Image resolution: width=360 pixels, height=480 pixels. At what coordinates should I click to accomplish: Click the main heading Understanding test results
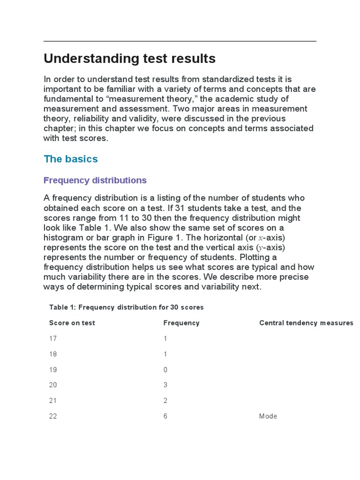click(x=129, y=59)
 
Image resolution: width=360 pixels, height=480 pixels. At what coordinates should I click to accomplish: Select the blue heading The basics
click(x=71, y=159)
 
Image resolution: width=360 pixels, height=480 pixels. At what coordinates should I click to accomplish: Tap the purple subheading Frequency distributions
click(x=95, y=180)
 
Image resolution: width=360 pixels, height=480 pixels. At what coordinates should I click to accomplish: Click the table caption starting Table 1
click(x=126, y=307)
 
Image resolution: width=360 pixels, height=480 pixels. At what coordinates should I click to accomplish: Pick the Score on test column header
click(x=72, y=323)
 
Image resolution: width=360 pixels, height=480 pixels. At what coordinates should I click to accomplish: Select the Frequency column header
click(x=181, y=323)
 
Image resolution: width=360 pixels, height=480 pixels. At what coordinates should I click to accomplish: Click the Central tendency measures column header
click(x=306, y=323)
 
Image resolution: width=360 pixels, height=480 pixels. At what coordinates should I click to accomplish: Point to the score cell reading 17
click(x=53, y=338)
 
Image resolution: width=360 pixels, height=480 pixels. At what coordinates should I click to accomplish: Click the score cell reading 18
click(x=53, y=354)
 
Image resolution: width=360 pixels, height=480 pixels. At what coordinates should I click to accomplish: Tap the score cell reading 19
click(x=53, y=369)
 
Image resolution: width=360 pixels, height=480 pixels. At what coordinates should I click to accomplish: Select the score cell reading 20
click(x=53, y=385)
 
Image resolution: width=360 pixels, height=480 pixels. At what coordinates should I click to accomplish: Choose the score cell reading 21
click(x=53, y=400)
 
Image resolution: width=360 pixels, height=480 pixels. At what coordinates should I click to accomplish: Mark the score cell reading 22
click(x=53, y=416)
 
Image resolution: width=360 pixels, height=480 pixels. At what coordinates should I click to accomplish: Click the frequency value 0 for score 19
click(x=165, y=369)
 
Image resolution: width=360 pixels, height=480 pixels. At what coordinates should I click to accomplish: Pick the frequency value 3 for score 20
click(x=165, y=385)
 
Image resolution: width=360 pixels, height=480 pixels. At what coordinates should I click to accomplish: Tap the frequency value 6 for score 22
click(x=165, y=416)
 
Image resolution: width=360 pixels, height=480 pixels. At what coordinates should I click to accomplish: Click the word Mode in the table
click(x=268, y=416)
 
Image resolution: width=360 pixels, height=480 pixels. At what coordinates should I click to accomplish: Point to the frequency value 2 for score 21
click(x=165, y=400)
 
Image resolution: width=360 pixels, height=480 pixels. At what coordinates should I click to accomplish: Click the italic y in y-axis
click(x=261, y=247)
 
